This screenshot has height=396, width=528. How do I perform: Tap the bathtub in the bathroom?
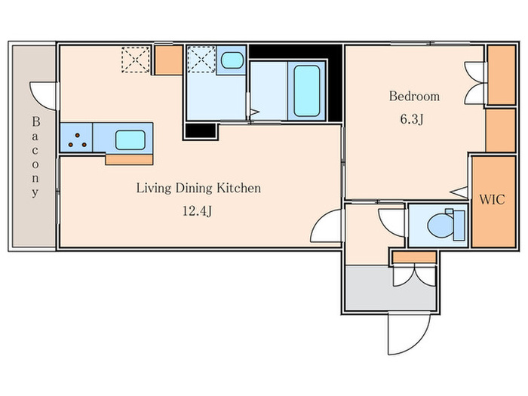click(x=306, y=91)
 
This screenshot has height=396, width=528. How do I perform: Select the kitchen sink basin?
click(x=130, y=140)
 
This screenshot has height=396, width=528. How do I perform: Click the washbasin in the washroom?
click(x=232, y=60)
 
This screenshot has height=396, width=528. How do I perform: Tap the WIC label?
click(x=492, y=199)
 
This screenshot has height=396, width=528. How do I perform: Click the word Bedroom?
click(x=414, y=97)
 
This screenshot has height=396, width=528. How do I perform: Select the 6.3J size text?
click(x=412, y=119)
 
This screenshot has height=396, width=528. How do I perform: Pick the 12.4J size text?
click(x=197, y=211)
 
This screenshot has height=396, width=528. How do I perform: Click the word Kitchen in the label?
click(x=238, y=188)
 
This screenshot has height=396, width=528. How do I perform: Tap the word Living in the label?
click(x=154, y=188)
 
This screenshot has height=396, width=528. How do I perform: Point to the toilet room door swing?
click(x=391, y=223)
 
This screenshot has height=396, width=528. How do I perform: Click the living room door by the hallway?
click(x=326, y=226)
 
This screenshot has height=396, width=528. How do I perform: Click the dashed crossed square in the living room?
click(x=135, y=60)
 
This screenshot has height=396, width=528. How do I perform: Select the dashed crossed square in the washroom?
click(x=201, y=59)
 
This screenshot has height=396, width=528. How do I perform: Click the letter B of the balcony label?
click(x=36, y=121)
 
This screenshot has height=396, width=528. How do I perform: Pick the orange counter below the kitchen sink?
click(x=129, y=160)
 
